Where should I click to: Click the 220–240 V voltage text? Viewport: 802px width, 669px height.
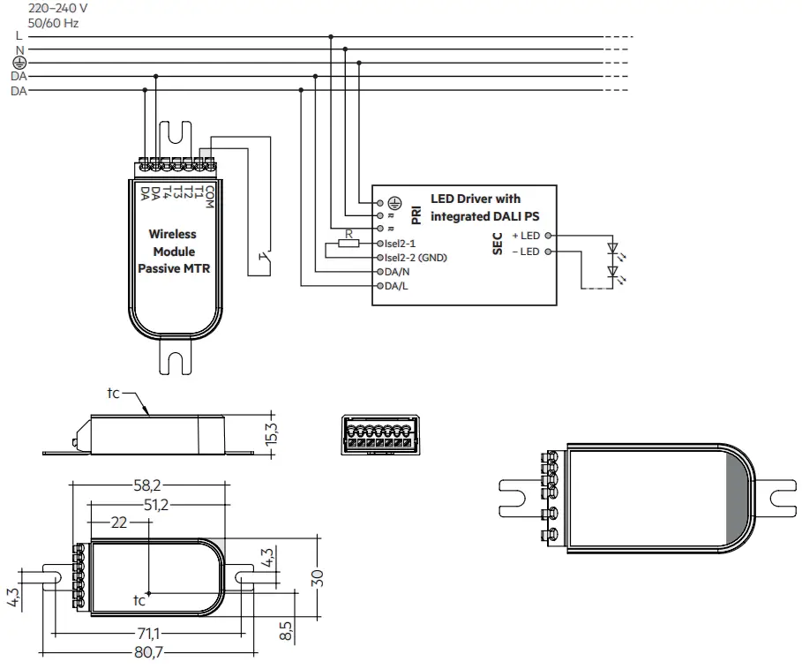coord(58,7)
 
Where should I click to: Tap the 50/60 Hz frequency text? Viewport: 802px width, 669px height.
coord(54,23)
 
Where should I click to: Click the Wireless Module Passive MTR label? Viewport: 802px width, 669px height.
coord(173,252)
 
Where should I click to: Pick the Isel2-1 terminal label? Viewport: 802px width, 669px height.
coord(401,243)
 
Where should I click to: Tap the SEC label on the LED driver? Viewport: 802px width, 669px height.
coord(498,244)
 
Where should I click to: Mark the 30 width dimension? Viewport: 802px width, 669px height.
coord(318,578)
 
